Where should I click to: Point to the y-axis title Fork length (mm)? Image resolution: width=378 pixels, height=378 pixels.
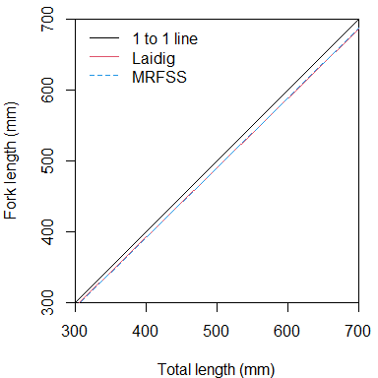coord(13,160)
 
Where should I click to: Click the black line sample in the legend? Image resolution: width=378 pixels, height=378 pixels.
coord(103,39)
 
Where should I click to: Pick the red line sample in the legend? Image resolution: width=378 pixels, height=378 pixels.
coord(103,57)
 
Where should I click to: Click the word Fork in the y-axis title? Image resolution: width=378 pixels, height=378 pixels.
coord(13,200)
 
